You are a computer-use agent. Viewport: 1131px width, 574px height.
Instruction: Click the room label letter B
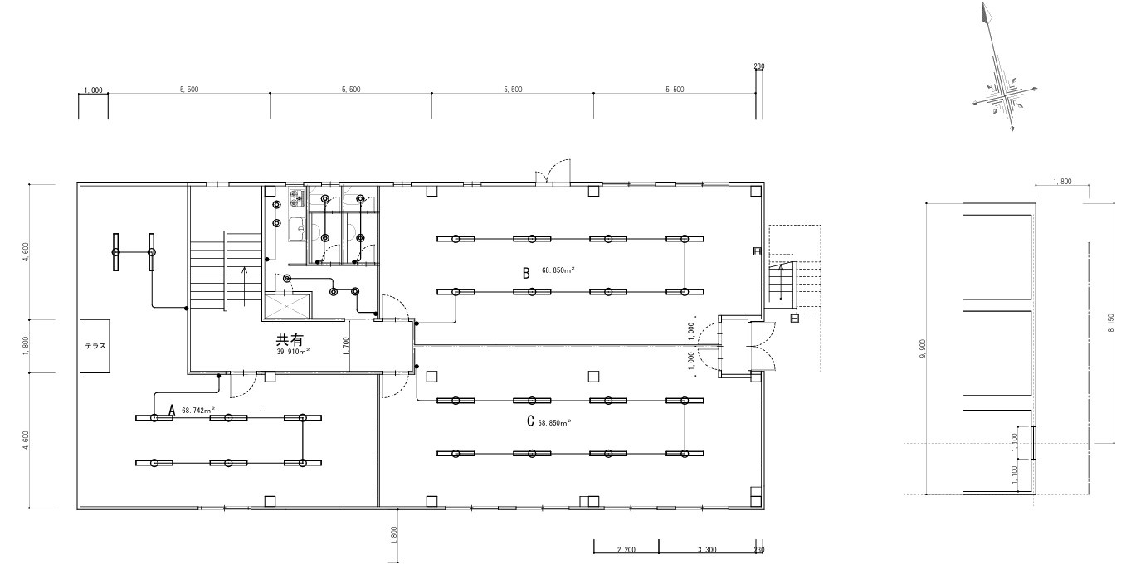[x=526, y=273]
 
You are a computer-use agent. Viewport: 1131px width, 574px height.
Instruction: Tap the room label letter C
[x=530, y=421]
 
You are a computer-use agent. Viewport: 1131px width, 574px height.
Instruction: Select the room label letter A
[x=172, y=411]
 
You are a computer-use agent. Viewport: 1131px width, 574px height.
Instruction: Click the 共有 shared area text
[x=290, y=339]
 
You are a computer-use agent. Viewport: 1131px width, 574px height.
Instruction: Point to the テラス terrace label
[x=95, y=346]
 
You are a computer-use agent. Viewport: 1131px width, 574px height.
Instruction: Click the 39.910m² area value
[x=293, y=352]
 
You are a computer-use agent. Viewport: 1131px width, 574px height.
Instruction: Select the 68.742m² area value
[x=198, y=411]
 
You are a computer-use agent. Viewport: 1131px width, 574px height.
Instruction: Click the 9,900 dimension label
[x=923, y=349]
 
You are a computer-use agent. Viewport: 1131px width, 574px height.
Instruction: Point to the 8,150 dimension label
[x=1110, y=323]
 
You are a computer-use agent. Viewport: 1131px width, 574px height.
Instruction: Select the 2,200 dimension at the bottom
[x=626, y=550]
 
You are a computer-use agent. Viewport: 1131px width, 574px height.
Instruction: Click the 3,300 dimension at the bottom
[x=707, y=550]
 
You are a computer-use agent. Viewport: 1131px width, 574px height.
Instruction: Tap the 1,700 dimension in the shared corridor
[x=346, y=347]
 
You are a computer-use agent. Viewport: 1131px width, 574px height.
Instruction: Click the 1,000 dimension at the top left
[x=93, y=90]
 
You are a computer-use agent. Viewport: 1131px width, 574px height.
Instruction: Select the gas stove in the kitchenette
[x=298, y=198]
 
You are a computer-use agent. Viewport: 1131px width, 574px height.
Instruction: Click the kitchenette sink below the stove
[x=298, y=230]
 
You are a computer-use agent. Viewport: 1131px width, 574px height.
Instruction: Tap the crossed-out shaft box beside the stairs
[x=287, y=305]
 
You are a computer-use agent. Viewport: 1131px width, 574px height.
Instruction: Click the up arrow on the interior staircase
[x=245, y=286]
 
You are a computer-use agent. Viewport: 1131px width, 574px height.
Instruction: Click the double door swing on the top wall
[x=553, y=172]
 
